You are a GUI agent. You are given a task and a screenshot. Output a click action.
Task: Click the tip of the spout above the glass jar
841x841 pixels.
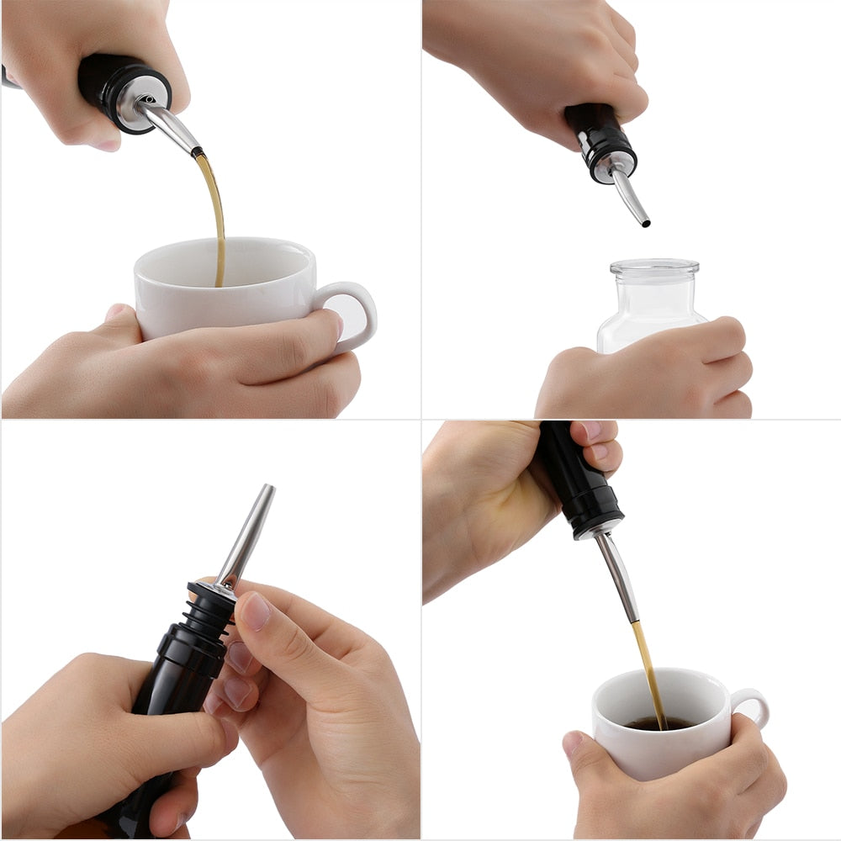coord(645,224)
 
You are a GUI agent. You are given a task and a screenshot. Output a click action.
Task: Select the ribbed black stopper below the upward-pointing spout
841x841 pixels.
coord(205,614)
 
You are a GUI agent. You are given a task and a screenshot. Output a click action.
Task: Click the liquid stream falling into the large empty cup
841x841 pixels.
coord(216,219)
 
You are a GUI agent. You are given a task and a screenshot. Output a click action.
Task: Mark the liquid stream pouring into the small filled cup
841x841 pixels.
coord(648,673)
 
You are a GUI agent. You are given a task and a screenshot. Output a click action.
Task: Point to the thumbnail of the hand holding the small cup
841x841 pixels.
coord(573,744)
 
